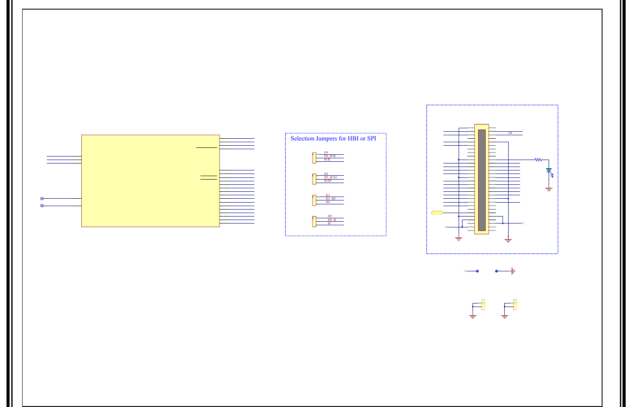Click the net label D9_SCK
[330, 156]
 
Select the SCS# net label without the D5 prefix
[327, 181]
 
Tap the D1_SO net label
[330, 199]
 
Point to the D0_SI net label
[332, 220]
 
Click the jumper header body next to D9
[314, 158]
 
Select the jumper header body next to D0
[314, 221]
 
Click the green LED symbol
[549, 170]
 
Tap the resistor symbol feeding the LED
[538, 160]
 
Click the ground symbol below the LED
[549, 189]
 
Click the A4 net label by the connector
[510, 133]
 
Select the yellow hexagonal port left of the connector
[437, 213]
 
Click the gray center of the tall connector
[482, 180]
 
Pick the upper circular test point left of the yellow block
[42, 199]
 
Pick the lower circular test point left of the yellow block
[42, 206]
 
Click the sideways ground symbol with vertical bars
[513, 271]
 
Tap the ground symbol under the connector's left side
[458, 239]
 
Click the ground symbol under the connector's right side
[508, 240]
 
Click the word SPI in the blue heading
[372, 139]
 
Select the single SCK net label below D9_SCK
[327, 160]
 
